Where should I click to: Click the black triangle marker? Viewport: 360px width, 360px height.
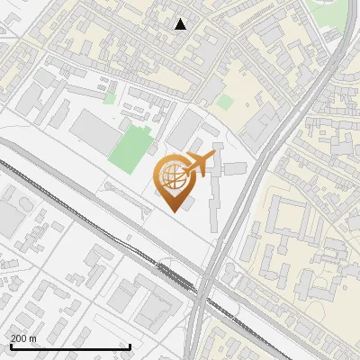181,24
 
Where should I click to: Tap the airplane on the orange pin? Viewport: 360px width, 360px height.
200,164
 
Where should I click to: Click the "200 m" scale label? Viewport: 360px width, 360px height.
23,338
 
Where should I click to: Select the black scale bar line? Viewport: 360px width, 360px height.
70,346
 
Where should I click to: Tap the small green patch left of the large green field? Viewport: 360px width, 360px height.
109,98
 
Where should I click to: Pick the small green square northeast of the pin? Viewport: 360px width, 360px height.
225,103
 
